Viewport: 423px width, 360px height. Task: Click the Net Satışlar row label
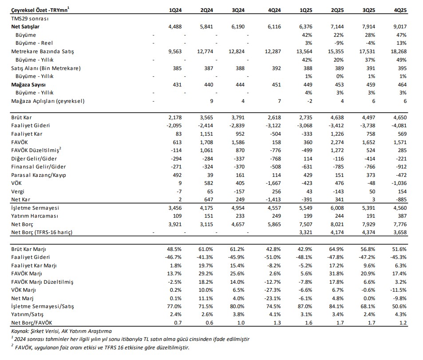28,27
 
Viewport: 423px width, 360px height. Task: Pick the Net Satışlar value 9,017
399,27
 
